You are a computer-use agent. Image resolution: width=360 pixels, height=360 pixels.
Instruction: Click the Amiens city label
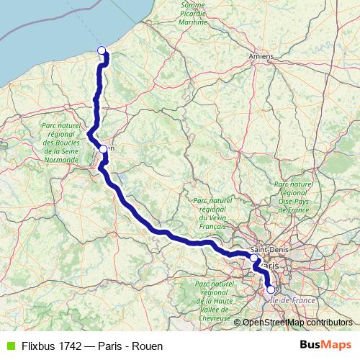(260, 55)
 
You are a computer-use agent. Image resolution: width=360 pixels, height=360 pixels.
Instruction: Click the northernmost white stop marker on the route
(102, 50)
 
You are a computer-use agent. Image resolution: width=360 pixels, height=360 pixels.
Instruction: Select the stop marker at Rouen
(103, 150)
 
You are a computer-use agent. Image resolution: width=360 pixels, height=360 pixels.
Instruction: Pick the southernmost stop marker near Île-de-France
(271, 290)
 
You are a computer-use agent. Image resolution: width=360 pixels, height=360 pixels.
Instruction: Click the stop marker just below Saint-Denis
(254, 258)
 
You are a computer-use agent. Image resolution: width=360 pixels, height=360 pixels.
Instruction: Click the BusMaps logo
(326, 346)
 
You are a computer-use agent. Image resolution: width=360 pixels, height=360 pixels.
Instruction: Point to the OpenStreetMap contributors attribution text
(297, 323)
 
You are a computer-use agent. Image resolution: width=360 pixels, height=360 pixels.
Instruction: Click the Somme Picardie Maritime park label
(199, 14)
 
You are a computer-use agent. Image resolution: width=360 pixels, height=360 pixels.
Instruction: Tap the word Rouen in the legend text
(147, 346)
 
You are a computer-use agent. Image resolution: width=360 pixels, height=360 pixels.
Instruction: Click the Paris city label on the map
(273, 266)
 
